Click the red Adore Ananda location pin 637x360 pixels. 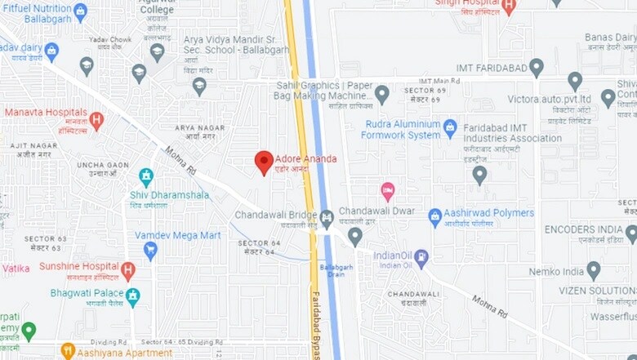click(x=263, y=162)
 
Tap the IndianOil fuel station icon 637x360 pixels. click(x=421, y=259)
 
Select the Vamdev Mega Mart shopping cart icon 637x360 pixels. click(x=150, y=250)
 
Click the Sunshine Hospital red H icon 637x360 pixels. click(x=127, y=271)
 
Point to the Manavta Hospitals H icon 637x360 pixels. click(x=96, y=121)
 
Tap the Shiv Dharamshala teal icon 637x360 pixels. click(x=146, y=176)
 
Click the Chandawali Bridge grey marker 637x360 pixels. click(x=327, y=218)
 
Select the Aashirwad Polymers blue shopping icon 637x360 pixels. click(x=435, y=217)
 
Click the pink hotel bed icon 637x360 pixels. click(x=388, y=192)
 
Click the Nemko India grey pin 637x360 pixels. click(x=594, y=270)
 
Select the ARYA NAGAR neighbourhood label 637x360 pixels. click(x=199, y=128)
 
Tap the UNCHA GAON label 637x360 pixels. click(x=103, y=165)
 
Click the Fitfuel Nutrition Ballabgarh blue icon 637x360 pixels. click(x=80, y=11)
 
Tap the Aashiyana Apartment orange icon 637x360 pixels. click(x=68, y=352)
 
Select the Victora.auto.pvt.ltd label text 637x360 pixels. click(x=549, y=99)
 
